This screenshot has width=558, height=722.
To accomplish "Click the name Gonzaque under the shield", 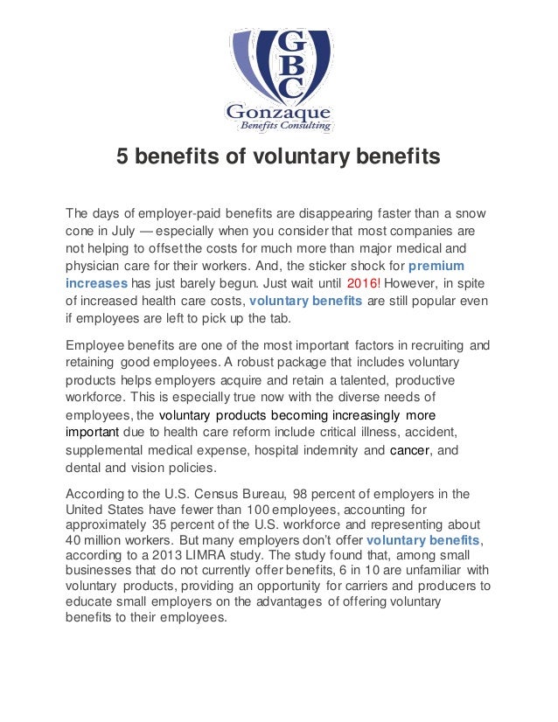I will [279, 113].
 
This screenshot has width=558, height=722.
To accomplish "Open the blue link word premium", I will [437, 265].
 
